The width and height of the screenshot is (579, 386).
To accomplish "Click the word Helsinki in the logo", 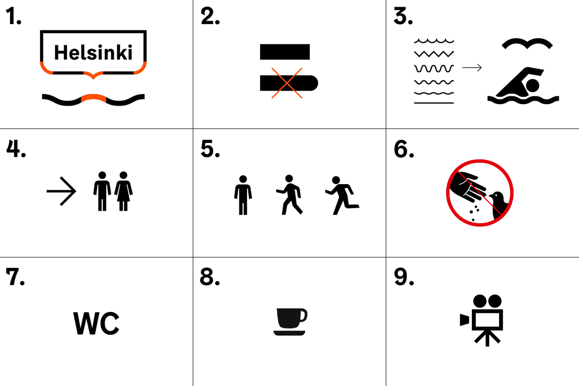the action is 93,53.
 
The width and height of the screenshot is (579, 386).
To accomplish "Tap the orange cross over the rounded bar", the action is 287,83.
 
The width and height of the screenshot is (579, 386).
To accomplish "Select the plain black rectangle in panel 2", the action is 285,52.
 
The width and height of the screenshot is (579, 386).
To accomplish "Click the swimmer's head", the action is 533,85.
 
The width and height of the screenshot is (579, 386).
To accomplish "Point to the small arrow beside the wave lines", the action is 472,67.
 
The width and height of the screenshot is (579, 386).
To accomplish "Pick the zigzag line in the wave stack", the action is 434,53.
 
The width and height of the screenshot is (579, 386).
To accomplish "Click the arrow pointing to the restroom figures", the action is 62,191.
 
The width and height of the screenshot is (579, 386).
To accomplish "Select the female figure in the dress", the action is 124,191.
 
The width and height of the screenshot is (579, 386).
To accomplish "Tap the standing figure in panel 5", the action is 243,195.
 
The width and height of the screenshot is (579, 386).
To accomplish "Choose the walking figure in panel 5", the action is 289,195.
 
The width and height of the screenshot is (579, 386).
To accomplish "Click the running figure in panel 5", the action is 342,196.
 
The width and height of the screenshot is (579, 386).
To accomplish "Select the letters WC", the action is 96,323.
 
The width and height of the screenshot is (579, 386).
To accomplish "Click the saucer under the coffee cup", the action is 289,333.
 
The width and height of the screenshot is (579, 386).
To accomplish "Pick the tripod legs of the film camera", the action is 487,338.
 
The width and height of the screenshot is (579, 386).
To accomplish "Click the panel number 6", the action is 404,149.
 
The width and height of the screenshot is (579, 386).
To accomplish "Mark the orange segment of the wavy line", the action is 94,98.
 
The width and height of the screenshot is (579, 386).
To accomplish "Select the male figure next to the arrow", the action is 102,191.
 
